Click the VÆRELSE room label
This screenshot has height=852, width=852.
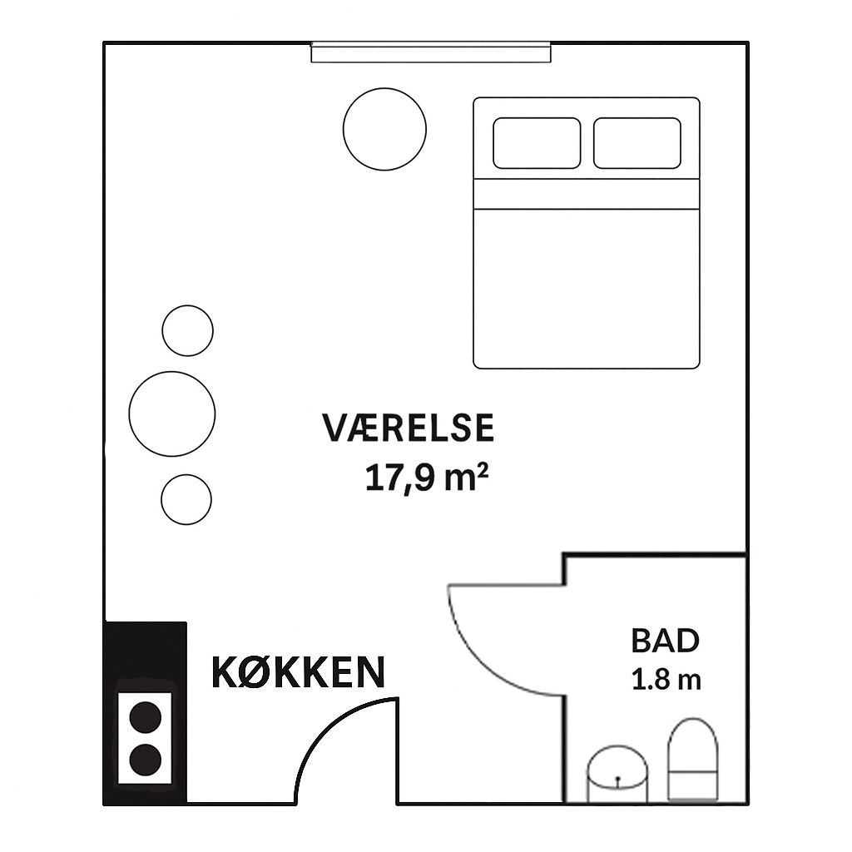pos(408,428)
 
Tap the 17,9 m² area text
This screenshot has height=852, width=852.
pos(427,478)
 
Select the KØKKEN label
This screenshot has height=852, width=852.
pos(298,672)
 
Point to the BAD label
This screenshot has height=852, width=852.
pos(665,641)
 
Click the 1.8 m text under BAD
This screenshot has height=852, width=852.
pos(666,680)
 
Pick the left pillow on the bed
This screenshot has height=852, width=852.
pos(537,143)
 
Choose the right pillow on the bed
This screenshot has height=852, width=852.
pos(637,143)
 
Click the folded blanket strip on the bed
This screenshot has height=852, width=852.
pos(587,193)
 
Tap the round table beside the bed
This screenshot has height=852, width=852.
pos(384,129)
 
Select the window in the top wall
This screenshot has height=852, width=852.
pos(431,52)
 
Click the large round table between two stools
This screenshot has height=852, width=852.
pos(171,414)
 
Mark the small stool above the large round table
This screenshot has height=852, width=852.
pos(187,331)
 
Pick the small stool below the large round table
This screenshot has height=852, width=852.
pos(186,500)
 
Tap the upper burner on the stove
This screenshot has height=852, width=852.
pos(146,717)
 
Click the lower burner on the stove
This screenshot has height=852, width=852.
pos(146,760)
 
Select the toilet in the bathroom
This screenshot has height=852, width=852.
pos(693,759)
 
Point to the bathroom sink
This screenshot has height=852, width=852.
pos(617,773)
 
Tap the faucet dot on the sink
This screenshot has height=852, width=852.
pos(618,779)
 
